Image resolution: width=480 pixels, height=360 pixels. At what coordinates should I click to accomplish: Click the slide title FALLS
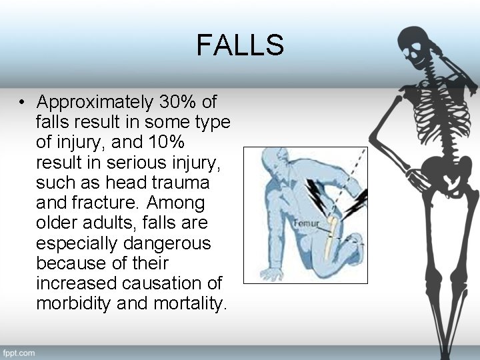click(x=240, y=45)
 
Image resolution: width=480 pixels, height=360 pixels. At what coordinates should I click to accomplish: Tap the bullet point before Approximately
click(x=23, y=103)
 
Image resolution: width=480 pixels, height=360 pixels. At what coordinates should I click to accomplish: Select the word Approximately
click(x=95, y=103)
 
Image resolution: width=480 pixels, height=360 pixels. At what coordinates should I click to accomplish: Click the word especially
click(x=76, y=243)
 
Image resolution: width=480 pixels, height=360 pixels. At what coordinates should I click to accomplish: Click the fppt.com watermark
click(x=19, y=352)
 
